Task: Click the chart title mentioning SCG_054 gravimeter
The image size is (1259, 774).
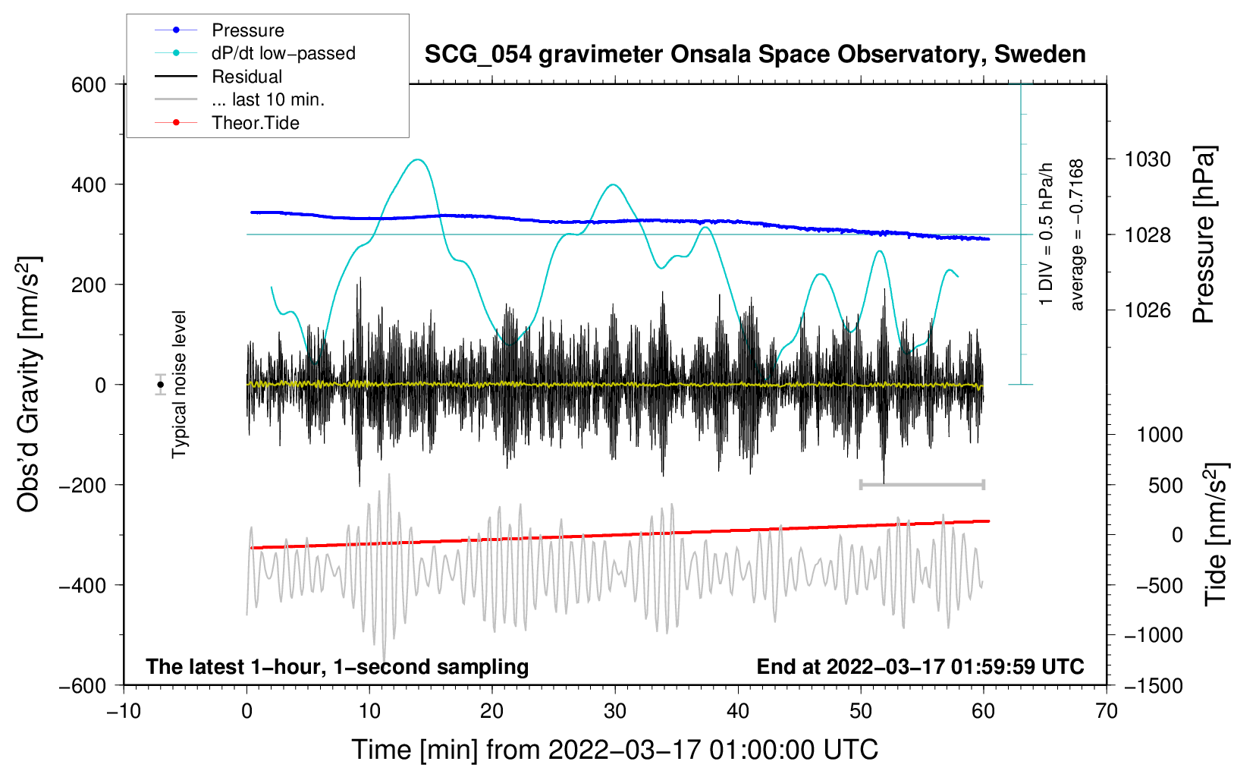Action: (755, 55)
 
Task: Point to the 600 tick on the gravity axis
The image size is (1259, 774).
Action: (89, 85)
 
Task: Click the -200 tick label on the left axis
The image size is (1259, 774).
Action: (83, 485)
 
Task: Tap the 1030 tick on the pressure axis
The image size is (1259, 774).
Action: (1148, 159)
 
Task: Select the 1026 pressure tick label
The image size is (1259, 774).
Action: (1148, 310)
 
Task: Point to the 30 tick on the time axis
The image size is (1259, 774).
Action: (615, 712)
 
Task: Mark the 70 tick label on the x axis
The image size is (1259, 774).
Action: (1106, 712)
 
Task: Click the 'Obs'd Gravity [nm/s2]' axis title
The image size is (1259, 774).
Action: (29, 384)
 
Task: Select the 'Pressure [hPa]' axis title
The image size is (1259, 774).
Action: (1204, 234)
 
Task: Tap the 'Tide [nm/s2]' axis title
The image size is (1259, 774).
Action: (1217, 535)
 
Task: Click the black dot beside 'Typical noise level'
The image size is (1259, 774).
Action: (161, 385)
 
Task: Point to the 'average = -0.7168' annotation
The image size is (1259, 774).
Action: (1076, 235)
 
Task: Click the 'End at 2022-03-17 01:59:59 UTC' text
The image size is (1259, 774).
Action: (920, 667)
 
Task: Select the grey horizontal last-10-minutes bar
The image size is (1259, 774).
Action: (921, 484)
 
